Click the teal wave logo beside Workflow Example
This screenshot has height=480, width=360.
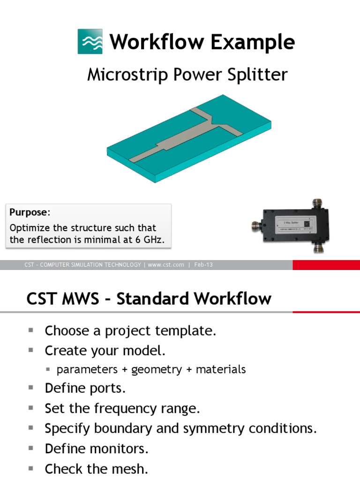coord(90,41)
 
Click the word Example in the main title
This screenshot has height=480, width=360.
coord(252,42)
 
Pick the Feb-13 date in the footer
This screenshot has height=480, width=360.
coord(203,265)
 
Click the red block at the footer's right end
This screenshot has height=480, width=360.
coord(326,265)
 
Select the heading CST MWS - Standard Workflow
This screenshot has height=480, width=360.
coord(149,299)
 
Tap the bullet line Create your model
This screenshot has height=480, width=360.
coord(105,351)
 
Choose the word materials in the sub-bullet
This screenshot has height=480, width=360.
coord(221,369)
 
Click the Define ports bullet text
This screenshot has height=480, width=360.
coord(85,389)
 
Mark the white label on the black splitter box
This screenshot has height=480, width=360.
coord(288,218)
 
